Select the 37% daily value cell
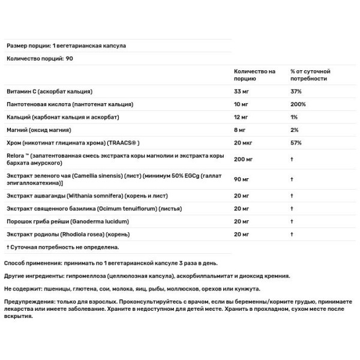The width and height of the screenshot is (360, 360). tap(296, 92)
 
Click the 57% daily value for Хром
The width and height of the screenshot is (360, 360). tap(296, 143)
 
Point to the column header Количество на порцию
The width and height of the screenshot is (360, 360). tap(254, 75)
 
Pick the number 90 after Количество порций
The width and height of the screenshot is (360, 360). tap(61, 59)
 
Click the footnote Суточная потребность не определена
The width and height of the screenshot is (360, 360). tap(64, 246)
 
